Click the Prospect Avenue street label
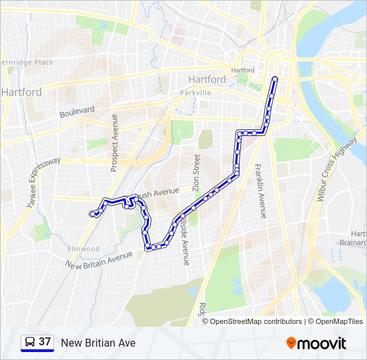coord(113,143)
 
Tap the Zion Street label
coord(196,173)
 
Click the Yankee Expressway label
coord(43,182)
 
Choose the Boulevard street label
coord(77,111)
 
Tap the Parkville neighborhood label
coord(195,93)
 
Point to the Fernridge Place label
coord(27,62)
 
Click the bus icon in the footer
coord(29,343)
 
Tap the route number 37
coord(45,342)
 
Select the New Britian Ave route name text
coord(98,343)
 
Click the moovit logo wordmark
coord(322,343)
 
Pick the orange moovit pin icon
coord(292,343)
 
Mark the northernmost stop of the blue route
coord(274,79)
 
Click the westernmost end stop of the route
coord(92,213)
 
